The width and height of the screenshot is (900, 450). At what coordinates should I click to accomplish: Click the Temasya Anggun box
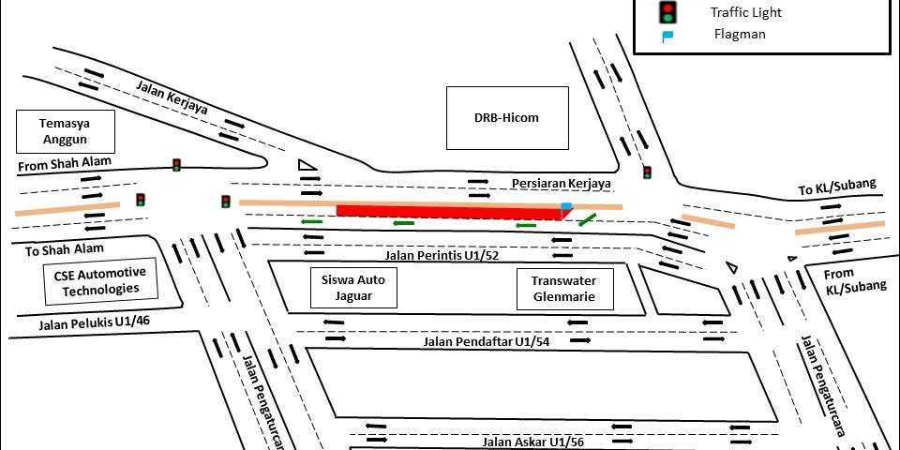click(66, 131)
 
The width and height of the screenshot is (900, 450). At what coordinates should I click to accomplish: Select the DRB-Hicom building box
click(507, 118)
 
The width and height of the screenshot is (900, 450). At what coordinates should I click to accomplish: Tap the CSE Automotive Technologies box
click(100, 281)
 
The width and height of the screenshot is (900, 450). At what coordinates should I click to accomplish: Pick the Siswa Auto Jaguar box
click(353, 288)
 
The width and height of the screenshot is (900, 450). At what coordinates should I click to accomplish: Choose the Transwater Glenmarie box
click(564, 289)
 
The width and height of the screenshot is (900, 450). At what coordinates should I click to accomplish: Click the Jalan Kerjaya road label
click(172, 97)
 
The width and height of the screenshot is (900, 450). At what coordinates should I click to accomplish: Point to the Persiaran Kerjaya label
click(562, 184)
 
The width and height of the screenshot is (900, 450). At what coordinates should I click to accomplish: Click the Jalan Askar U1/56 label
click(532, 442)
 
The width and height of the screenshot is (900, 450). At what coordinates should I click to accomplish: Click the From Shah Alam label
click(65, 164)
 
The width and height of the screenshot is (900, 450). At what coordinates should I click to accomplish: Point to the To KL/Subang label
click(837, 187)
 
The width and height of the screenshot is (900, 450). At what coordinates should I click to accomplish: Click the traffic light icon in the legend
click(668, 11)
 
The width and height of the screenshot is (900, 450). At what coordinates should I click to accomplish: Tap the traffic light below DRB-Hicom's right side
click(648, 172)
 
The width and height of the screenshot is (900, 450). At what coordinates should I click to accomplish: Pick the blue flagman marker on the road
click(566, 206)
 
